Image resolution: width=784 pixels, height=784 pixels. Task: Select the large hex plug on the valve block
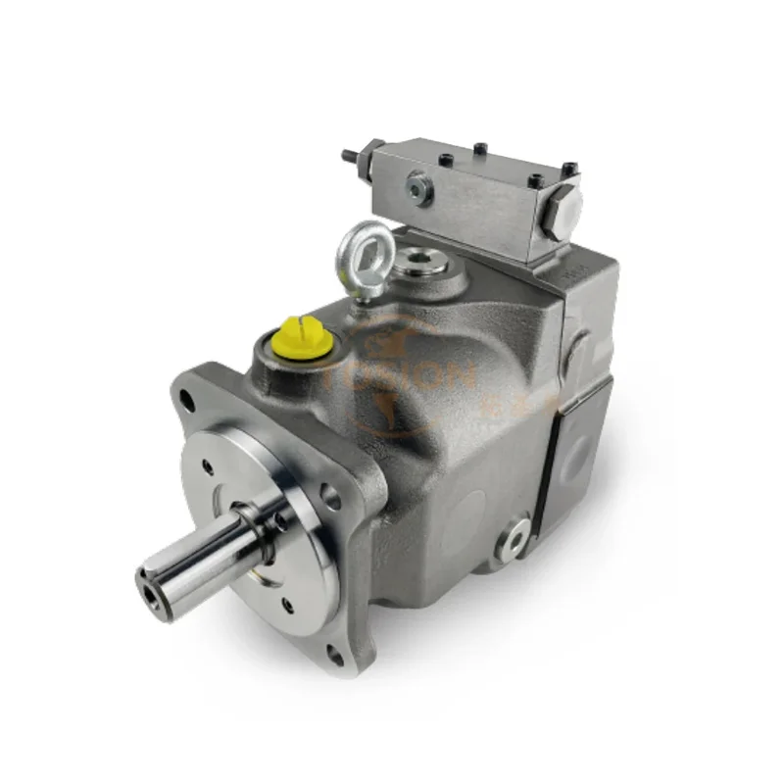pyautogui.click(x=565, y=207)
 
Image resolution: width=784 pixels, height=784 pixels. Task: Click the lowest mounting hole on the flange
pyautogui.click(x=334, y=655)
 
